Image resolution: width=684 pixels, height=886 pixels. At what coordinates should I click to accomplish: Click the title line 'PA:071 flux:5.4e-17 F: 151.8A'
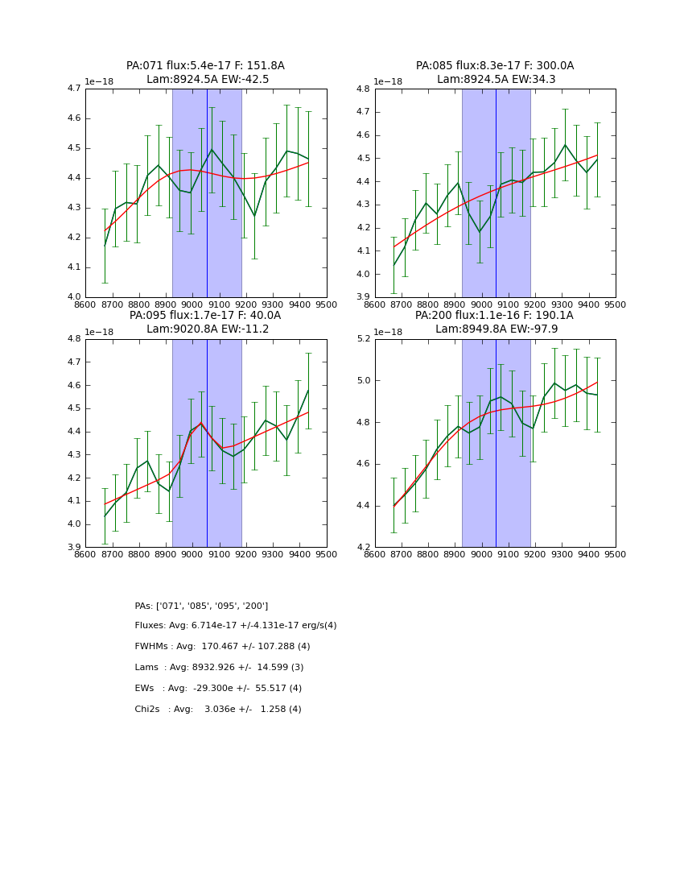(205, 66)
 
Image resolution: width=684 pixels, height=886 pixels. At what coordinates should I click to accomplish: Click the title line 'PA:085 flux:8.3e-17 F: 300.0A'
(495, 66)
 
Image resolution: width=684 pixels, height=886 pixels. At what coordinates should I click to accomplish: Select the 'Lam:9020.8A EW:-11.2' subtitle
(205, 329)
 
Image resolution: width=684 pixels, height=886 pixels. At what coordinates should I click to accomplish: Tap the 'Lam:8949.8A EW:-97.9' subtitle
(495, 329)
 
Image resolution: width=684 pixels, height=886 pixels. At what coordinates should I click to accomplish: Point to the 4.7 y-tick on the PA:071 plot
(74, 89)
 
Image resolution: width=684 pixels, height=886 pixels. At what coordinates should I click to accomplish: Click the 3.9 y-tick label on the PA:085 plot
(364, 297)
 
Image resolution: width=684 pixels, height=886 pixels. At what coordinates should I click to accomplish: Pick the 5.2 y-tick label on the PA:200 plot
(364, 339)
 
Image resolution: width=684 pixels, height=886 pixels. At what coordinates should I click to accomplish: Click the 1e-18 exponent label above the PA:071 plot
(99, 82)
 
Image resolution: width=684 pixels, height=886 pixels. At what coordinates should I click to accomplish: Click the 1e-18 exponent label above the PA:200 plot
(389, 332)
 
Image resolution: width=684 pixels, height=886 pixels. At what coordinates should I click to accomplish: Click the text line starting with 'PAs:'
(201, 606)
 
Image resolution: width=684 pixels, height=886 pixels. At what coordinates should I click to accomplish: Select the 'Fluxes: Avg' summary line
(236, 626)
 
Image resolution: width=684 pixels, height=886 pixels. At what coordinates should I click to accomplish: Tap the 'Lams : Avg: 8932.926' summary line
(219, 668)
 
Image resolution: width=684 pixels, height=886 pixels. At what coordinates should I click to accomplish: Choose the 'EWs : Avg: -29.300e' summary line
(218, 689)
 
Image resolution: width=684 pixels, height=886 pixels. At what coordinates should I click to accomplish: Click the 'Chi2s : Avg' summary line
(218, 710)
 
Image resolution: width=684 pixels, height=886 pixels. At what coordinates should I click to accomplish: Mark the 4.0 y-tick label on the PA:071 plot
(74, 297)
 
